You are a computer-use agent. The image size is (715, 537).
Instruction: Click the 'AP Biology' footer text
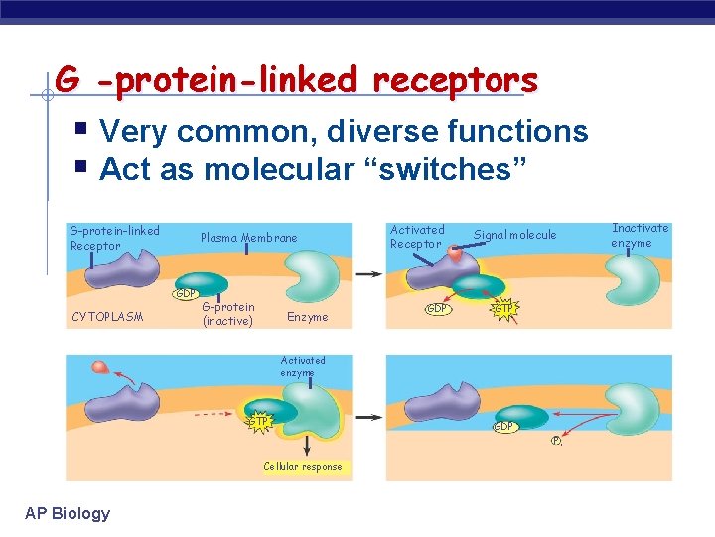pyautogui.click(x=68, y=513)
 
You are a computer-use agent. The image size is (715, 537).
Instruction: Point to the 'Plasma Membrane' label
pyautogui.click(x=248, y=238)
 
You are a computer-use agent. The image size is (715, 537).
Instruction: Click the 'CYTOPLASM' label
pyautogui.click(x=107, y=318)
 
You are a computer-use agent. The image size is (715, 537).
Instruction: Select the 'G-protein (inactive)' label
pyautogui.click(x=228, y=314)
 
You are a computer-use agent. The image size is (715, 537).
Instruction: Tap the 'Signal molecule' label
pyautogui.click(x=514, y=235)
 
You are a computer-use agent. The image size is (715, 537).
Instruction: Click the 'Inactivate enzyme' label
pyautogui.click(x=640, y=235)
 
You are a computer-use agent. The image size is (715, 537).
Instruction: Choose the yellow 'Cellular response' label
pyautogui.click(x=303, y=466)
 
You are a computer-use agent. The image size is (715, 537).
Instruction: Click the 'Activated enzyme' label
pyautogui.click(x=303, y=366)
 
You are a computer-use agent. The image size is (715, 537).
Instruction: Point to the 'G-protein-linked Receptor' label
pyautogui.click(x=114, y=238)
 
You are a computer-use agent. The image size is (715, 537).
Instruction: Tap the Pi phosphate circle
pyautogui.click(x=558, y=442)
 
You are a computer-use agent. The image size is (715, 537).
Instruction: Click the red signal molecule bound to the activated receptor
pyautogui.click(x=454, y=255)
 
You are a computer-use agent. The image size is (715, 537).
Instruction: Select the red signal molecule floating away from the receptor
pyautogui.click(x=99, y=369)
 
